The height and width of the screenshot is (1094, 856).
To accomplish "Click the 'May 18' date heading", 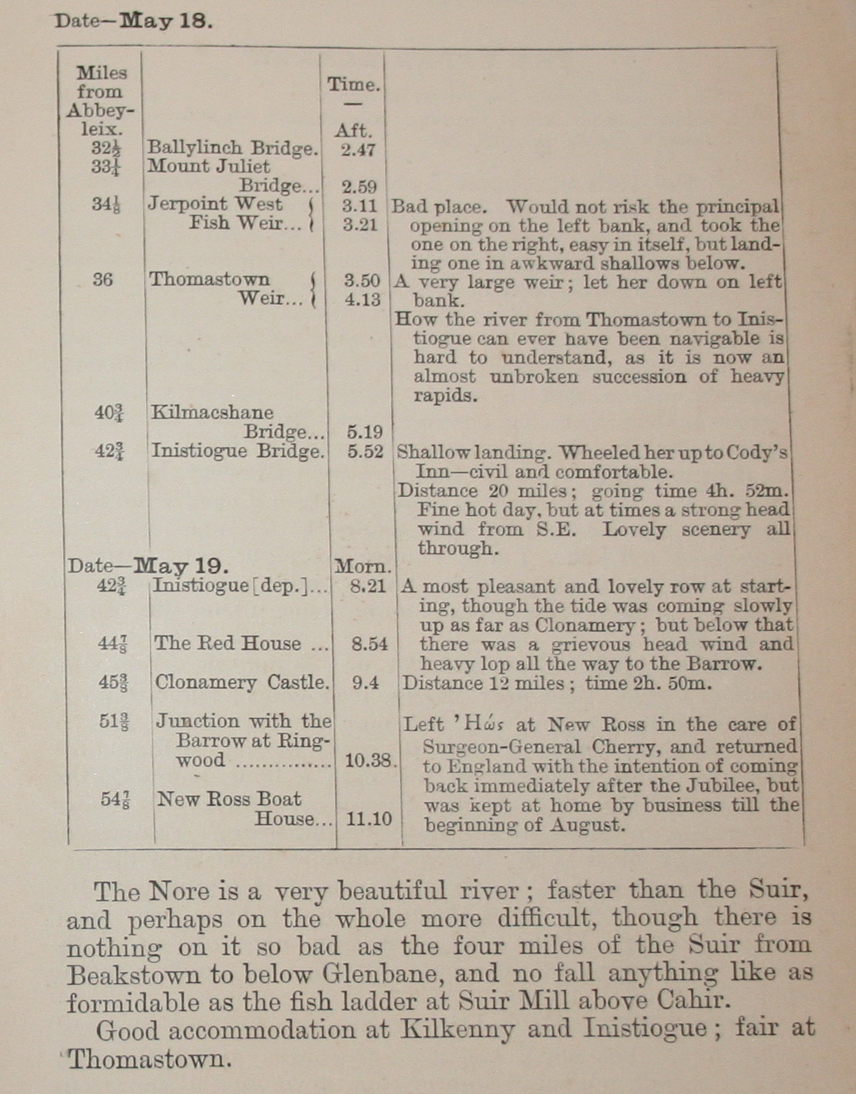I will pyautogui.click(x=164, y=21).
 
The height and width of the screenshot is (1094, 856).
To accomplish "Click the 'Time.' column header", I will pyautogui.click(x=354, y=85).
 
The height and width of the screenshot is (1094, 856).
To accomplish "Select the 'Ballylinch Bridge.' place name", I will pyautogui.click(x=232, y=148).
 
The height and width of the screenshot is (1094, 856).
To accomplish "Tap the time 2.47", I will pyautogui.click(x=358, y=149).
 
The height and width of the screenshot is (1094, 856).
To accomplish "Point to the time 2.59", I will pyautogui.click(x=359, y=186).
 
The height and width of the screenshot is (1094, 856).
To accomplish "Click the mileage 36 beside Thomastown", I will pyautogui.click(x=102, y=279).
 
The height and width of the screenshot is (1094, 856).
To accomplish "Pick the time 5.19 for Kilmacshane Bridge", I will pyautogui.click(x=364, y=432).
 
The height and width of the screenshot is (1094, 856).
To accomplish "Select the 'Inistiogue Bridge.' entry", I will pyautogui.click(x=237, y=451).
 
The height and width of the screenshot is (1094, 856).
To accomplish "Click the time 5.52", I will pyautogui.click(x=365, y=451).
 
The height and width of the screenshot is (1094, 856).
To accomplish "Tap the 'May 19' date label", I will pyautogui.click(x=180, y=566).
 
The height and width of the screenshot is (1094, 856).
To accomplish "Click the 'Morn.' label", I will pyautogui.click(x=363, y=567).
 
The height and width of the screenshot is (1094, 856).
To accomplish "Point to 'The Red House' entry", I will pyautogui.click(x=227, y=643).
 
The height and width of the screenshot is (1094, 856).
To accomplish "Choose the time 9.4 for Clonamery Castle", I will pyautogui.click(x=365, y=683).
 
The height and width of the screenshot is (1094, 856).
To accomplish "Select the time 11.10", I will pyautogui.click(x=369, y=819).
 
